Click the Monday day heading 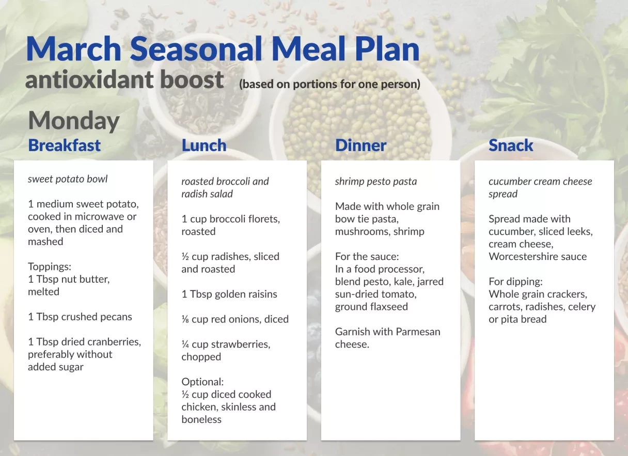[73, 121]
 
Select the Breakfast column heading [64, 145]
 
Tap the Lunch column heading [203, 145]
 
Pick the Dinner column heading [360, 145]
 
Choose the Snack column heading [510, 145]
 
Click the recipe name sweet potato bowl [68, 179]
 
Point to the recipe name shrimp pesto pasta [375, 182]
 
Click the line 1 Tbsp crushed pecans [80, 317]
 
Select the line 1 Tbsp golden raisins [229, 294]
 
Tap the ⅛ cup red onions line [234, 319]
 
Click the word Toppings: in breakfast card [50, 267]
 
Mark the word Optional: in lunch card [202, 382]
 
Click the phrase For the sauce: [367, 256]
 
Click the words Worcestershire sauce [537, 256]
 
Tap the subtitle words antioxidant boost [124, 80]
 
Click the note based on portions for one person [329, 84]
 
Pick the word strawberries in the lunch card [240, 344]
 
